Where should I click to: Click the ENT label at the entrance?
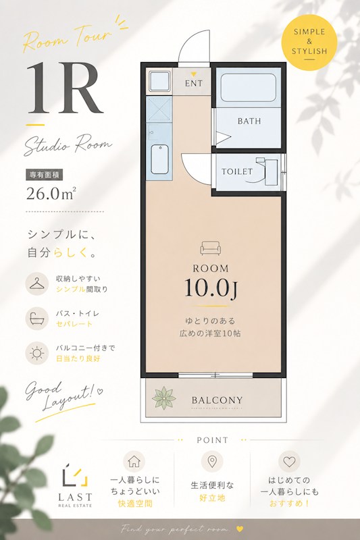click(x=194, y=83)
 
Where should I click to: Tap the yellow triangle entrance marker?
click(x=194, y=74)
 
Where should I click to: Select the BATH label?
click(x=249, y=122)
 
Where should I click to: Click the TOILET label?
click(x=237, y=171)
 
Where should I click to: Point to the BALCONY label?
click(x=217, y=400)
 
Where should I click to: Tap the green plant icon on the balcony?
click(x=164, y=398)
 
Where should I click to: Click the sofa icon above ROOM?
click(x=211, y=248)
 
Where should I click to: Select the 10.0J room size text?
click(x=211, y=288)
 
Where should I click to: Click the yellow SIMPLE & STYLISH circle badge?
click(x=309, y=42)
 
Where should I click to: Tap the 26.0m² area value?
click(x=51, y=194)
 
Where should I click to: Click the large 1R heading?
click(x=65, y=88)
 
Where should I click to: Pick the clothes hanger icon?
click(x=37, y=283)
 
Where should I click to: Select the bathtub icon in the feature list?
click(x=37, y=319)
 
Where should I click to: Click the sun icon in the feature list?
click(x=37, y=353)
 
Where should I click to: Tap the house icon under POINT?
click(x=134, y=462)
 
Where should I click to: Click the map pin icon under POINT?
click(x=212, y=461)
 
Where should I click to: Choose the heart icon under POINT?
click(x=289, y=461)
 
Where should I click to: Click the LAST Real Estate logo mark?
click(x=75, y=475)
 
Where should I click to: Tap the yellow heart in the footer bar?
click(x=240, y=529)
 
